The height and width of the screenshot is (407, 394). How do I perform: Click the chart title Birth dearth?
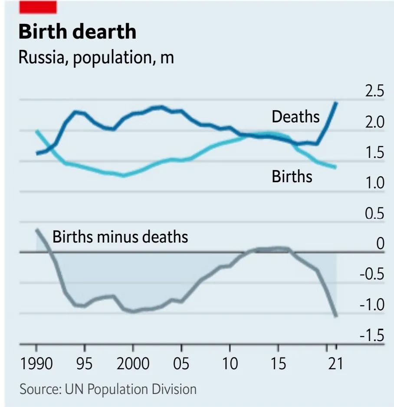point(77,32)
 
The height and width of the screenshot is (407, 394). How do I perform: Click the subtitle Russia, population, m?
point(96,57)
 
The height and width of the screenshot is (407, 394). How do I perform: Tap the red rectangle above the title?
point(38,7)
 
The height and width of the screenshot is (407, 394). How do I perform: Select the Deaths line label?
point(295,117)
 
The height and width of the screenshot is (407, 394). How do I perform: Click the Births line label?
point(292,176)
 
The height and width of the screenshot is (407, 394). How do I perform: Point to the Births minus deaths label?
point(120,237)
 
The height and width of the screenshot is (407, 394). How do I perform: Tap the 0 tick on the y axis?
point(380,244)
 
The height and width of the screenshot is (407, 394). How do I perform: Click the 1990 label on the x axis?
point(36,364)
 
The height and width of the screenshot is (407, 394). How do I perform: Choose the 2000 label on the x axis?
point(133,364)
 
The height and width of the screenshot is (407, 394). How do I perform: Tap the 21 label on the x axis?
point(335,364)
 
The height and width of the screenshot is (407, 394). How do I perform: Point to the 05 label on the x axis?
point(181,364)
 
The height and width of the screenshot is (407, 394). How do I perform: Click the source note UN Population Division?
point(108,389)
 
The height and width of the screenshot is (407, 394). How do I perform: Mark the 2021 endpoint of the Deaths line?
point(336,102)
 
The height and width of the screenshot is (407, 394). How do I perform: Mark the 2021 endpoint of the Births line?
point(335,167)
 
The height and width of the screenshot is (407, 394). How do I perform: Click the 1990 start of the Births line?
point(37,131)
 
